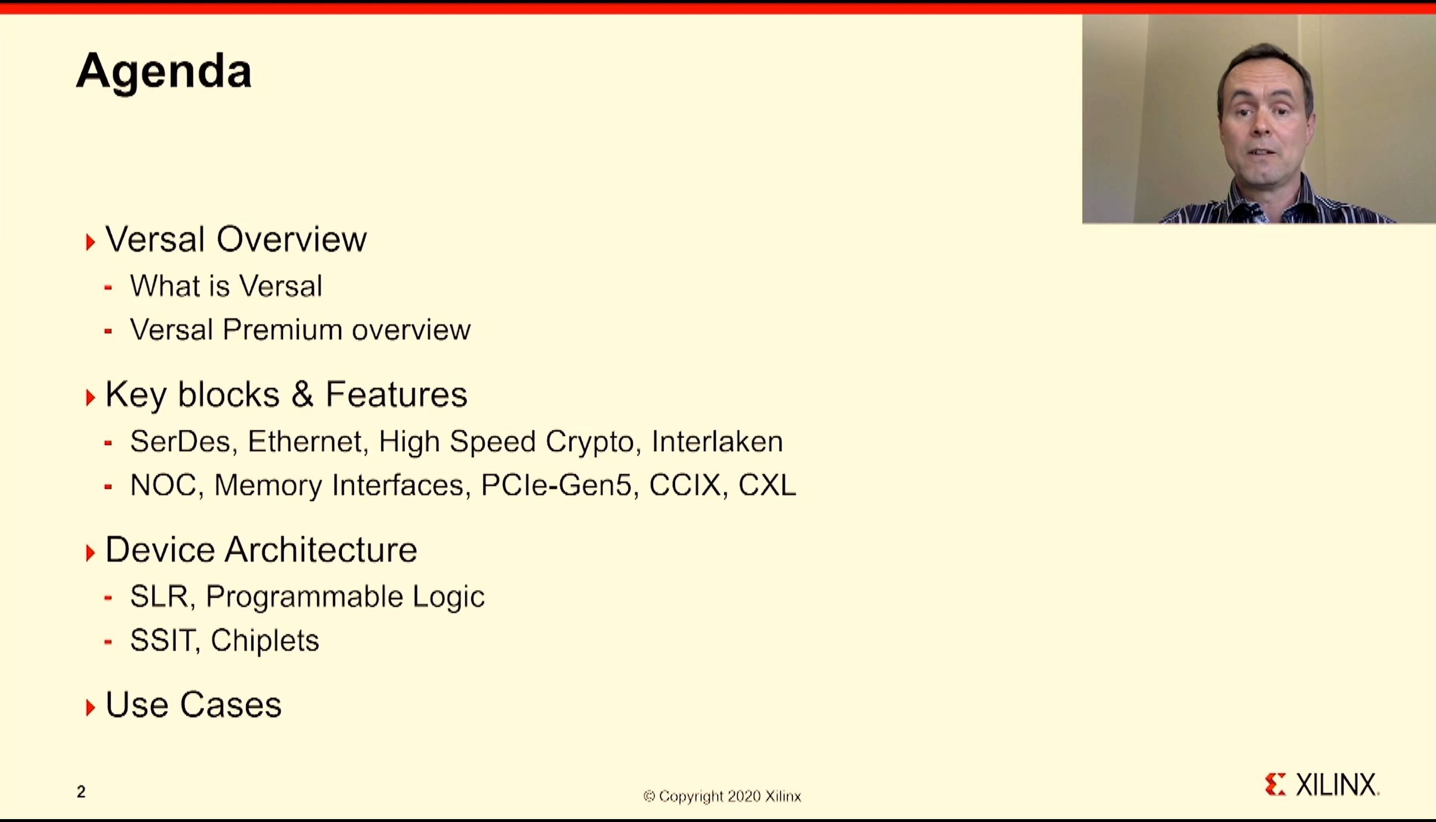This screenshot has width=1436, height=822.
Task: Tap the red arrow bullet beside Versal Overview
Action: [x=90, y=242]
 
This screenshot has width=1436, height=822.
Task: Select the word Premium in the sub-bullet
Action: [x=282, y=330]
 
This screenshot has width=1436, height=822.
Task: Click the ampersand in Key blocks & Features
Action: [x=303, y=394]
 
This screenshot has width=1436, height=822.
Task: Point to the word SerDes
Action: [x=180, y=441]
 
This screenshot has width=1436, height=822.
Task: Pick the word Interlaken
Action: [x=717, y=441]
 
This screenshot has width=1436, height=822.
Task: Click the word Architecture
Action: [x=321, y=549]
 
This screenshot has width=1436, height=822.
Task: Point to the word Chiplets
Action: [x=265, y=641]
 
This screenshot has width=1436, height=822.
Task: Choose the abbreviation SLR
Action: [x=159, y=597]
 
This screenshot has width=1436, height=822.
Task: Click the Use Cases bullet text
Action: [x=193, y=705]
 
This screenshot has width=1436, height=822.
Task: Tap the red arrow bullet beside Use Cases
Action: [x=90, y=707]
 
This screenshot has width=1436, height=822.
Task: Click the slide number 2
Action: [x=81, y=792]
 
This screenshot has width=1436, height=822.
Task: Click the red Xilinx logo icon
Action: [x=1275, y=784]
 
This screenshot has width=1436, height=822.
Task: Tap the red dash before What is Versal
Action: [x=108, y=287]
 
